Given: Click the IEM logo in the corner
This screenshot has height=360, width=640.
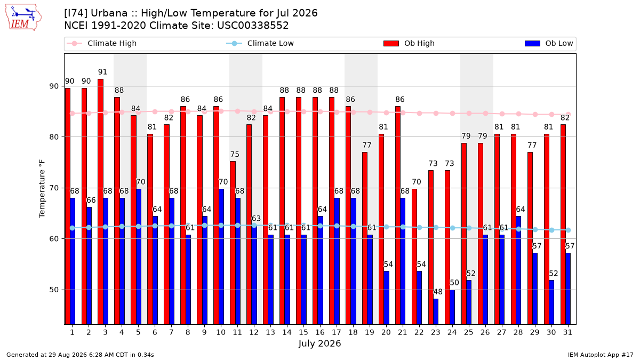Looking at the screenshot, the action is coord(23,18).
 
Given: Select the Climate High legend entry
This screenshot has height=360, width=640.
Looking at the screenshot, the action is coord(101,43).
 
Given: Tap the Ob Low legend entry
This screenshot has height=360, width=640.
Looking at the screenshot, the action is coord(549,43).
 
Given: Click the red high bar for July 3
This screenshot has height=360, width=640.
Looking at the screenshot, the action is coord(100,202).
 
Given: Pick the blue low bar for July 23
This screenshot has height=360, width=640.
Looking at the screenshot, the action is coord(436,311).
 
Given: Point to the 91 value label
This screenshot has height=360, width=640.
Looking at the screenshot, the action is coord(102,71).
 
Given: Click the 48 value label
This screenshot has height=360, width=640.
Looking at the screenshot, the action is coord(438,292).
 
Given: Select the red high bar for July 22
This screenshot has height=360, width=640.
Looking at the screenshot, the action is coord(414,257).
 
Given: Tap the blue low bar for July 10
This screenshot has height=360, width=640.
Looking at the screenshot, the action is coord(221,257).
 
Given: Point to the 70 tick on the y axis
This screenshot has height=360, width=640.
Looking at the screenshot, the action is coord(54,188).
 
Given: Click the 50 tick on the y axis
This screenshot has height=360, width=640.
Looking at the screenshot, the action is coord(54,290).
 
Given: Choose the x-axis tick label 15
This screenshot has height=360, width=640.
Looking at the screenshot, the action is coord(303,332).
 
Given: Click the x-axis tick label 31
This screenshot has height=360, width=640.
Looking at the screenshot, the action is coord(567,332).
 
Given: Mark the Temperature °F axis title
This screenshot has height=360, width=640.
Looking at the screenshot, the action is coord(42,189).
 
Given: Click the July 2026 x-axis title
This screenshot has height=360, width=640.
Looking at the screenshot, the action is coord(319,343).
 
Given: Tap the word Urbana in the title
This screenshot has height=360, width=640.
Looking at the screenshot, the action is coord(109,13).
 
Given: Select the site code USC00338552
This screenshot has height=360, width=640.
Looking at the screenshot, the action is coord(253,26).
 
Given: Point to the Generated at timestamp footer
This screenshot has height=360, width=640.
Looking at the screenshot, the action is coord(80,355).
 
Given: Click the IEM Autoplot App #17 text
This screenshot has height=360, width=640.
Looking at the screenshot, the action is coord(601,355).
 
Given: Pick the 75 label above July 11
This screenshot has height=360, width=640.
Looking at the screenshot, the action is coord(235,154).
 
